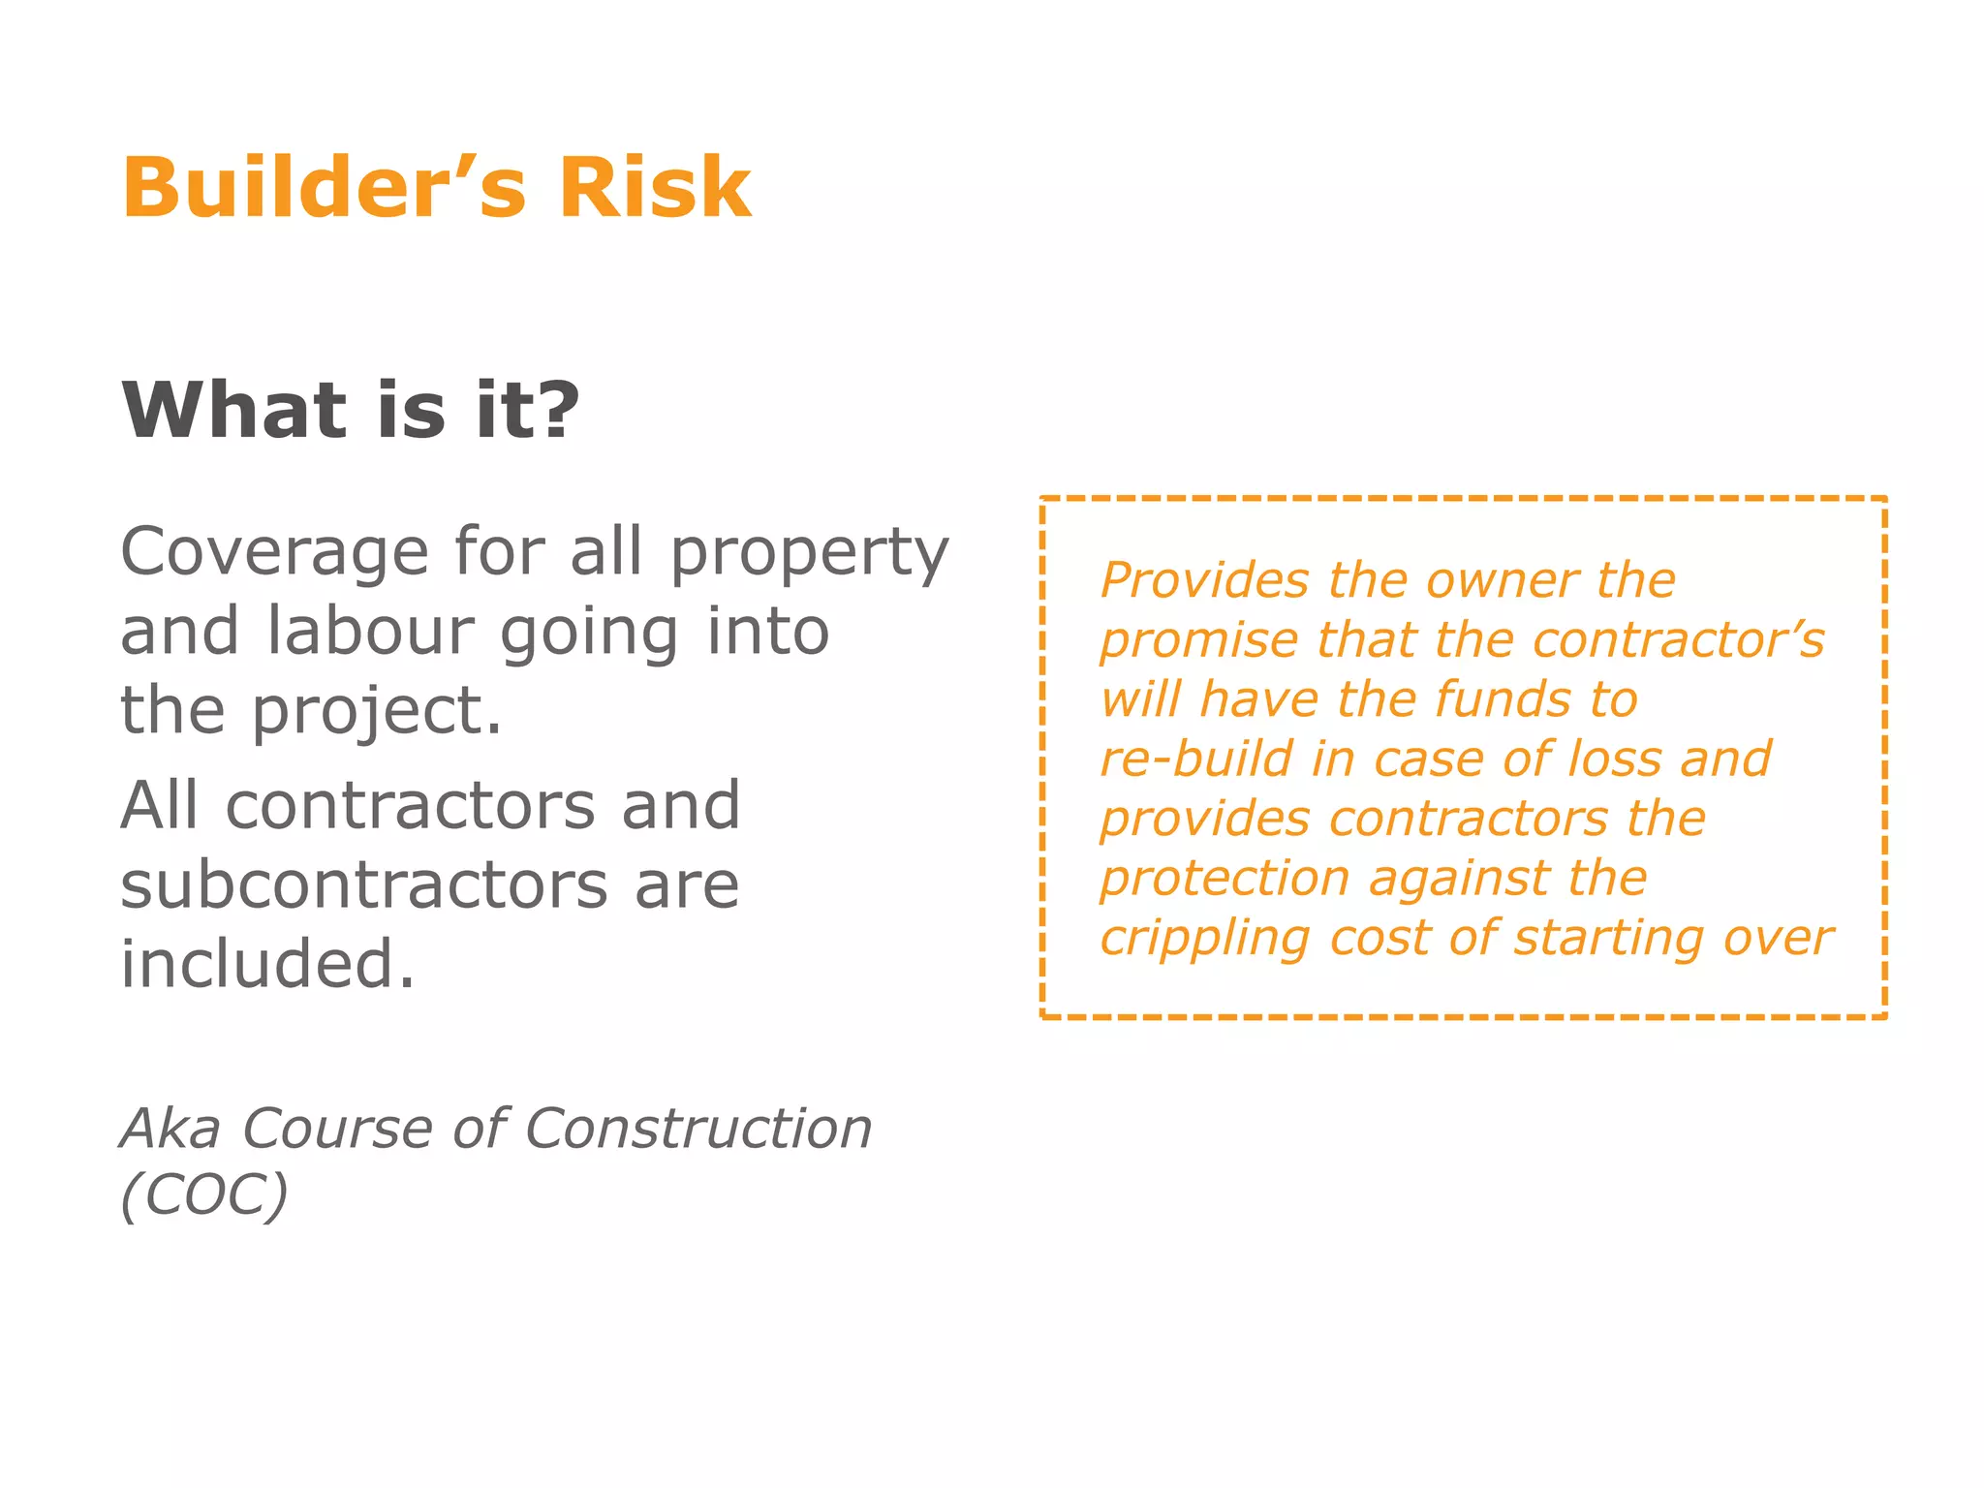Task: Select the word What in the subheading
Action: click(x=233, y=410)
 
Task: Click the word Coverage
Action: click(x=274, y=552)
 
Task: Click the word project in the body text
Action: click(x=376, y=712)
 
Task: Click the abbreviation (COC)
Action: click(x=204, y=1194)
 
